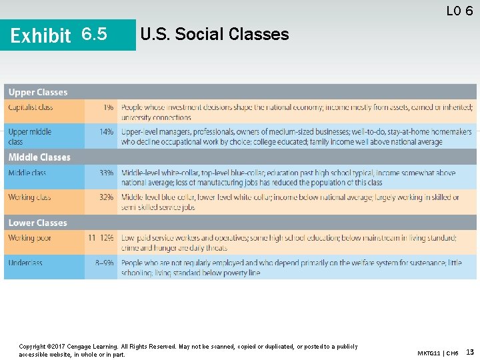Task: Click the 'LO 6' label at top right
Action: (459, 11)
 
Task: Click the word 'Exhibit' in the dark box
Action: (41, 35)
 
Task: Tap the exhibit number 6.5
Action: (93, 34)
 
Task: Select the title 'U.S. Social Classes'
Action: (215, 34)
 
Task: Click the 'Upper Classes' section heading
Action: (38, 92)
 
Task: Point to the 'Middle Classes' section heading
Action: (39, 157)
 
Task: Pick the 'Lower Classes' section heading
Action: (38, 223)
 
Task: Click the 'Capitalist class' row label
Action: (31, 107)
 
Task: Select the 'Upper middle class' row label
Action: (29, 137)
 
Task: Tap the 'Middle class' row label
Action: (27, 173)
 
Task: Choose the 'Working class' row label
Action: (30, 197)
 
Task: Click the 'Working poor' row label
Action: (30, 238)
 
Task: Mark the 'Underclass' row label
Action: (25, 263)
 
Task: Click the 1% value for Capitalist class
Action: (108, 107)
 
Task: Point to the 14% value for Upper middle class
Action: (107, 132)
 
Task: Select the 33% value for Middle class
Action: (107, 173)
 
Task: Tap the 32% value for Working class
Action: (107, 197)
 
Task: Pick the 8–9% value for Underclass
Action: (104, 263)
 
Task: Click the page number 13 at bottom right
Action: (470, 351)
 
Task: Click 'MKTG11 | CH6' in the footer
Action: (437, 352)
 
